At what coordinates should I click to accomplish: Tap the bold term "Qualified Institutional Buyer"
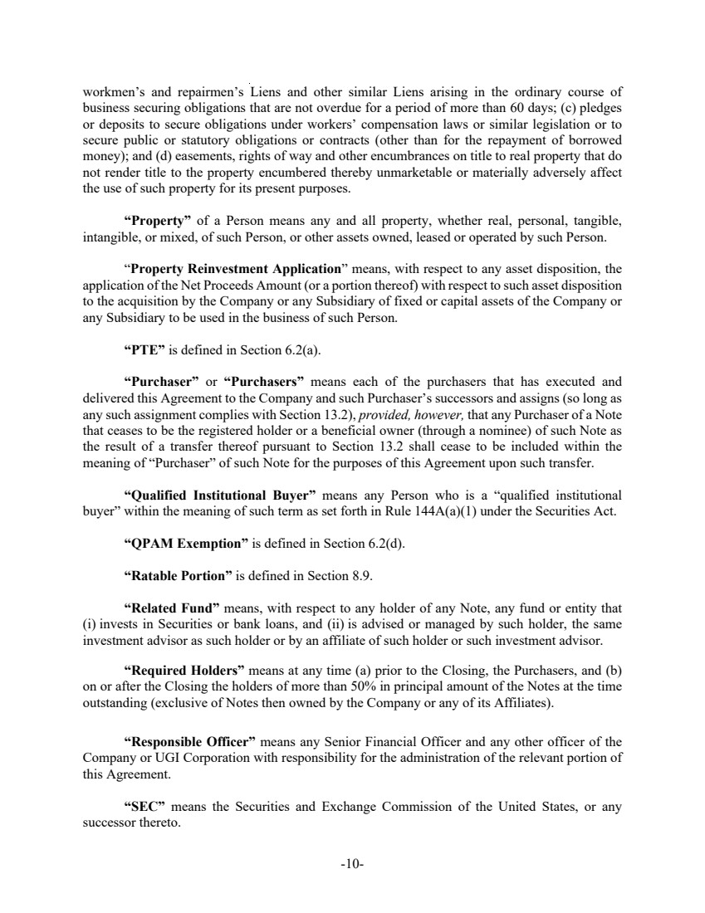217,496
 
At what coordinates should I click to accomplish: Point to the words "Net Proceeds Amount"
233,284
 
